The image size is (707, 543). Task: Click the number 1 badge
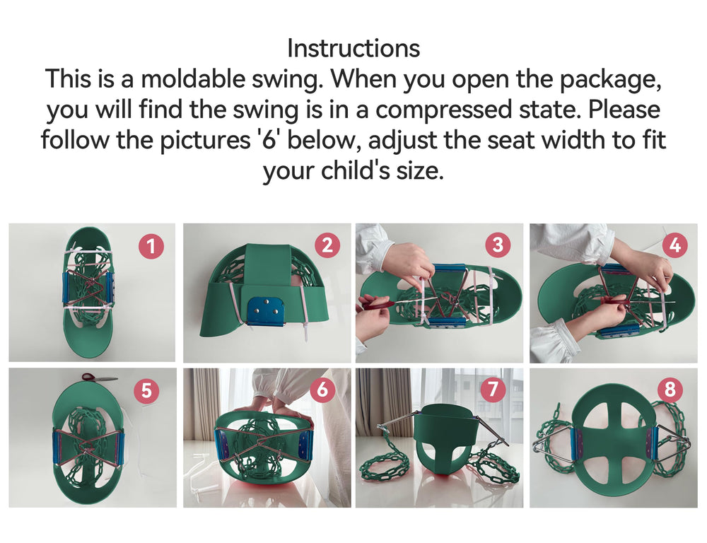tap(151, 246)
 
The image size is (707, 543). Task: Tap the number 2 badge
tap(327, 245)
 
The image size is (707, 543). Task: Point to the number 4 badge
tap(675, 245)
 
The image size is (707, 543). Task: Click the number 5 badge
tap(147, 390)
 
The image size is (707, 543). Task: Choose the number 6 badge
tap(322, 389)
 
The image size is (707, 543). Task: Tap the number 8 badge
tap(670, 389)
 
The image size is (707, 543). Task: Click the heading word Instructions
tap(353, 48)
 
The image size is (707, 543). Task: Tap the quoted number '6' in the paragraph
tap(269, 139)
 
